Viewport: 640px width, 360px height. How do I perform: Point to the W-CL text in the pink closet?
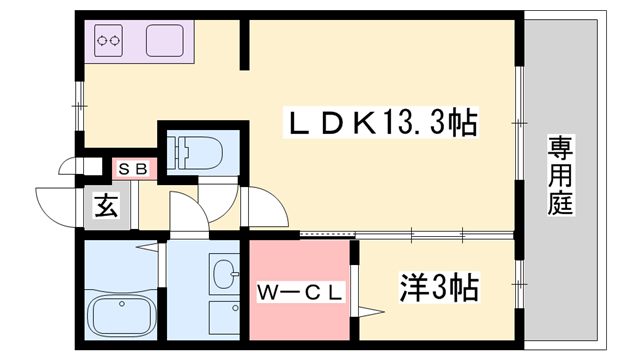pyautogui.click(x=301, y=292)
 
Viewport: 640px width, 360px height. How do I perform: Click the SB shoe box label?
pyautogui.click(x=132, y=169)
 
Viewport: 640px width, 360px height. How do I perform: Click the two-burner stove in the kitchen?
pyautogui.click(x=108, y=41)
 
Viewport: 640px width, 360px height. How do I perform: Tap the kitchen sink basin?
pyautogui.click(x=165, y=41)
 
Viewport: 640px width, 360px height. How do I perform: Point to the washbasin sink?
pyautogui.click(x=225, y=271)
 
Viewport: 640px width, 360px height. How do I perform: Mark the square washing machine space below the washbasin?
pyautogui.click(x=224, y=317)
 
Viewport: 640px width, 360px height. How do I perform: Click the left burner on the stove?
pyautogui.click(x=101, y=41)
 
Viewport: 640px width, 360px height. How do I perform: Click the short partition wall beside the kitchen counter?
pyautogui.click(x=243, y=44)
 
